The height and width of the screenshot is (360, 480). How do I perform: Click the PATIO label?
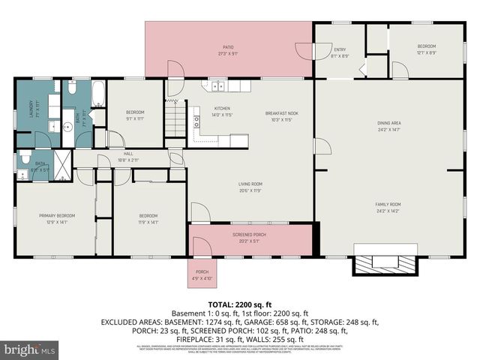[229, 46]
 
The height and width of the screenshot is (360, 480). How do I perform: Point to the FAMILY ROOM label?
[388, 203]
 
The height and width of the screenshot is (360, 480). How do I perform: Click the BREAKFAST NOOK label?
[278, 113]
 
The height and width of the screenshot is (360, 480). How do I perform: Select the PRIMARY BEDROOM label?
[52, 216]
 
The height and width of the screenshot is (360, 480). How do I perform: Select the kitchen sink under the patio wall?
[216, 85]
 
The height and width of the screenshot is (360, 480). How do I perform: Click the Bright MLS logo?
[30, 349]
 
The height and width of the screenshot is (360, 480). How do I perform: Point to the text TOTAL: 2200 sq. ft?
[240, 303]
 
